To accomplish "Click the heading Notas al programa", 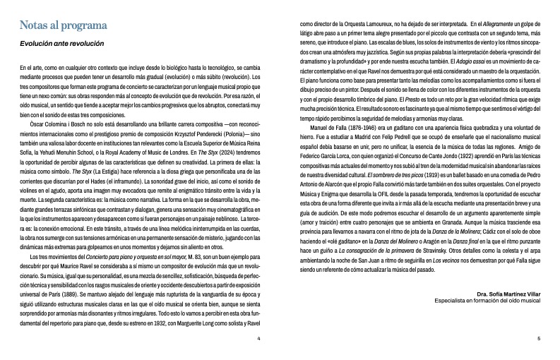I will pos(63,26).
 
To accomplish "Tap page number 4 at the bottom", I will pos(259,339).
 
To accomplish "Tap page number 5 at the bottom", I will pos(538,339).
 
